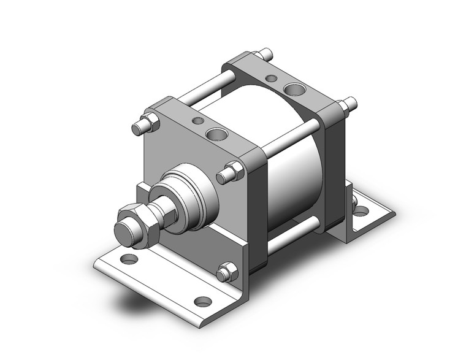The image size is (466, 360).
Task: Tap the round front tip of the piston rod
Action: tap(125, 231)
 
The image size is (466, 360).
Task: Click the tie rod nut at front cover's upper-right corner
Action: tap(232, 172)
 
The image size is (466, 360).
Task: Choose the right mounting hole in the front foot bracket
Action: tap(202, 301)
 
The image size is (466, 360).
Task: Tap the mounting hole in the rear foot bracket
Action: tap(361, 212)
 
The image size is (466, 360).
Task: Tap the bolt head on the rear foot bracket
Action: tap(354, 199)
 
